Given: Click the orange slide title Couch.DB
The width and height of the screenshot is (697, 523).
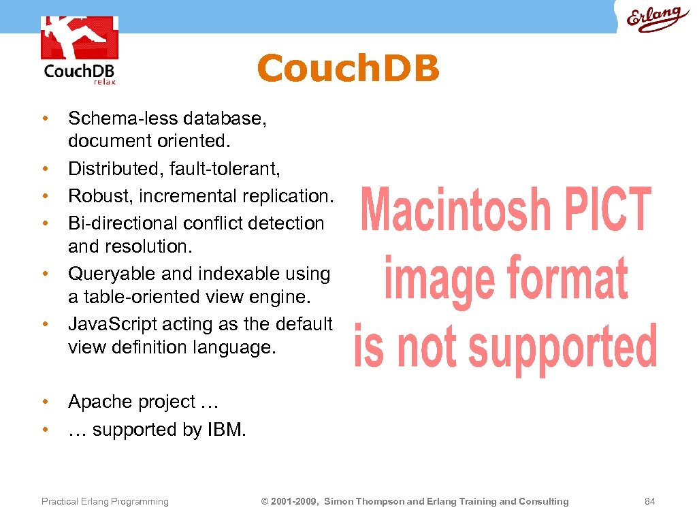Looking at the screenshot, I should [x=348, y=69].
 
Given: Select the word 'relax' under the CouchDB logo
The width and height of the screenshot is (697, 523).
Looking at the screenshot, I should [x=105, y=82].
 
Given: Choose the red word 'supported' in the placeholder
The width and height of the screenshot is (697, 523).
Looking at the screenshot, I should [x=563, y=347].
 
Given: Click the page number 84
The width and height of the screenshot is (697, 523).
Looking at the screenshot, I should [x=649, y=502].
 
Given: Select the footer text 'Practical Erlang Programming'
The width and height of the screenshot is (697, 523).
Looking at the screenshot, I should [x=105, y=502].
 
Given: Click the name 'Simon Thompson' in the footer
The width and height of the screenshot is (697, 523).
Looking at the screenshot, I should [x=364, y=502].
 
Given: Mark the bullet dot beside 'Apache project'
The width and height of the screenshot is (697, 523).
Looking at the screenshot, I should [x=44, y=402].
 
